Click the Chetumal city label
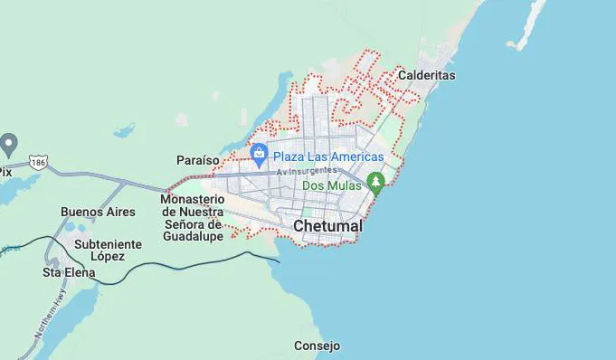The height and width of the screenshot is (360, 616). coord(327,225)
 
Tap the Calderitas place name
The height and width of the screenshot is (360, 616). coord(426,75)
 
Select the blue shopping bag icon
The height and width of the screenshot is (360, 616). coord(260,154)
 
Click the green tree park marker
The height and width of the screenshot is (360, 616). coord(376,183)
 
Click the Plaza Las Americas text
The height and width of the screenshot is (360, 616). coord(329,156)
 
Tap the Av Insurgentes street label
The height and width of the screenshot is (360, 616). coord(307,171)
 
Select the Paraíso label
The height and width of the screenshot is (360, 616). coord(198,160)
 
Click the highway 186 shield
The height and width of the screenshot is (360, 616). coord(38,162)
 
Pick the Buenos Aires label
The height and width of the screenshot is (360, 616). coord(98,212)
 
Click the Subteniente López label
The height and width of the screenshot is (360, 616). coord(108,250)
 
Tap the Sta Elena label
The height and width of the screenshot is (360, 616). coord(64,271)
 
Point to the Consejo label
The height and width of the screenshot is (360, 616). coord(317,346)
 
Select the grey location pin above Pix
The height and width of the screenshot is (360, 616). coord(9,143)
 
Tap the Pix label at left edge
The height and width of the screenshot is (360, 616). coord(5,171)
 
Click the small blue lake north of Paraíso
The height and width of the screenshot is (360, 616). coord(124,130)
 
